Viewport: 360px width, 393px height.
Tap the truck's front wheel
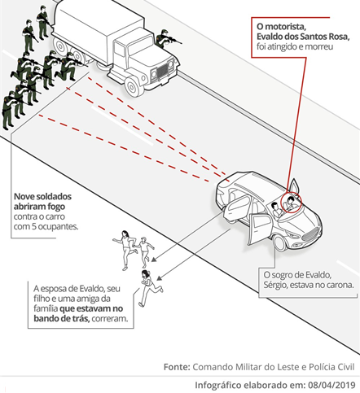tap(134, 86)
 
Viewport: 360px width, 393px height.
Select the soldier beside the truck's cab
tap(167, 38)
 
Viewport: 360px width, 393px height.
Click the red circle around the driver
tap(292, 203)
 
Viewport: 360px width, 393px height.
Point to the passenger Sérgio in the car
tap(276, 210)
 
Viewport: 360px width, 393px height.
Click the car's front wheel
tap(281, 242)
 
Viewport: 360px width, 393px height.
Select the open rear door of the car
tap(236, 207)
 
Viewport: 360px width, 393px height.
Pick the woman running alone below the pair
tap(148, 287)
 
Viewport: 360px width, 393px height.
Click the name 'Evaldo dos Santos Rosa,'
tap(303, 37)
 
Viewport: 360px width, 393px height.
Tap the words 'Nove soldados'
tap(42, 196)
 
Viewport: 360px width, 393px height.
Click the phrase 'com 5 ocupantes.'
tap(46, 226)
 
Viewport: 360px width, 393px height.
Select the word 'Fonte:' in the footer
tap(177, 367)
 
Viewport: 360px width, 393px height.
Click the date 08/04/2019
tap(331, 385)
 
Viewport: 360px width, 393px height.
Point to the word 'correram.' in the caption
tap(110, 318)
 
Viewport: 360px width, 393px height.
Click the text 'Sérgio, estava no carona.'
tap(309, 285)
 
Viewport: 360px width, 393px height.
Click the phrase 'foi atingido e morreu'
tap(295, 46)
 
